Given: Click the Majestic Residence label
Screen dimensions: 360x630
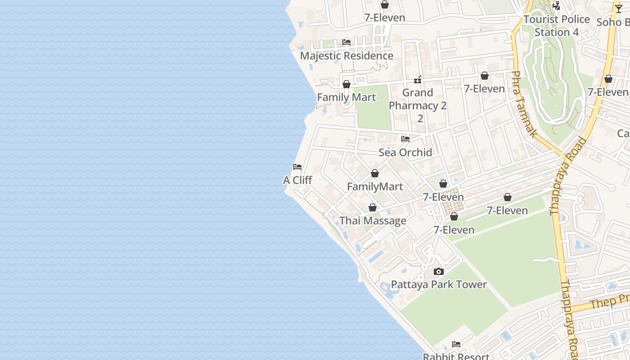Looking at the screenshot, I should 346,56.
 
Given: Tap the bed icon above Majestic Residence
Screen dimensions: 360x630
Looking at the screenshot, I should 346,42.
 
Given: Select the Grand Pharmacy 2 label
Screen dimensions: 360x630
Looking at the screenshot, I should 418,105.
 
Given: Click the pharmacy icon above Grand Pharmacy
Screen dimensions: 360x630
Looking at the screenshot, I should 418,80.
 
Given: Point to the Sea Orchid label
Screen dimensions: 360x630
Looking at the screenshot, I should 405,152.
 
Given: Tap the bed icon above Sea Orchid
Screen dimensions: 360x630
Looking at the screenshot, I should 405,139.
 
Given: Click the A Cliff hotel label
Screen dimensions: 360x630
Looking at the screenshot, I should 297,180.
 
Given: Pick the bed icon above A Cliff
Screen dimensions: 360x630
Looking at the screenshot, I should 297,167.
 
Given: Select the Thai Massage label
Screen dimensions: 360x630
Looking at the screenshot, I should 373,220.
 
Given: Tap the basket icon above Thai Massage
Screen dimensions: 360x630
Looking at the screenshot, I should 373,207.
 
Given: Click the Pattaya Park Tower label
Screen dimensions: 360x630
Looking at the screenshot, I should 439,284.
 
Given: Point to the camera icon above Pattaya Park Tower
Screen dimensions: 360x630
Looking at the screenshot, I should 439,271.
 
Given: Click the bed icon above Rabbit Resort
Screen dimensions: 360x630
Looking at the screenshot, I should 456,344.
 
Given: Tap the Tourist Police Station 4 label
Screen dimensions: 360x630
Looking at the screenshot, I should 557,26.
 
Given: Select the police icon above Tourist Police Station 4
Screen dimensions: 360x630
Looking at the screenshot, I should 557,6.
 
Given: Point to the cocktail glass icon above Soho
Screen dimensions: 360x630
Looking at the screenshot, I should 619,9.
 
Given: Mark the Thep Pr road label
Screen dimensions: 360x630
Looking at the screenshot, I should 610,301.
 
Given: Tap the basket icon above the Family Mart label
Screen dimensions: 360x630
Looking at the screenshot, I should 346,84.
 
